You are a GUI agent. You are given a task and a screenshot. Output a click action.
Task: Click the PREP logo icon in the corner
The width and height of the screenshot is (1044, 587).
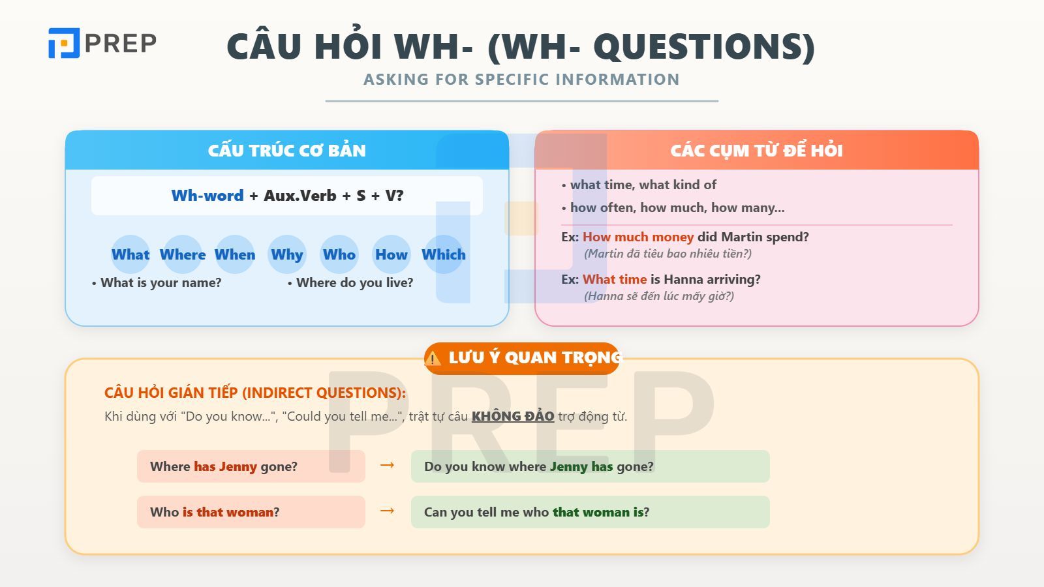pyautogui.click(x=64, y=43)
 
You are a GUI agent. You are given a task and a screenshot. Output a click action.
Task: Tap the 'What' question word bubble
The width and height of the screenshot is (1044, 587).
pyautogui.click(x=130, y=254)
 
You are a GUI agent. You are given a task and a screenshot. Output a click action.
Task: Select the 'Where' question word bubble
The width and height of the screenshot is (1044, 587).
pyautogui.click(x=183, y=254)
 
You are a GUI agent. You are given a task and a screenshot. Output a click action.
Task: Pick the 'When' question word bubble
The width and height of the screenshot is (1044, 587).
pyautogui.click(x=235, y=254)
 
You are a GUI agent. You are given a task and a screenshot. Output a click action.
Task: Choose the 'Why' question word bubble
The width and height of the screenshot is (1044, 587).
pyautogui.click(x=287, y=254)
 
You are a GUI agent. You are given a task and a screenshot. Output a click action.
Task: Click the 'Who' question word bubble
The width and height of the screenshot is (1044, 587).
pyautogui.click(x=339, y=254)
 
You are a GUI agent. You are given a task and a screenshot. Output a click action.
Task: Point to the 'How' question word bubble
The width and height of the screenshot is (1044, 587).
pyautogui.click(x=391, y=254)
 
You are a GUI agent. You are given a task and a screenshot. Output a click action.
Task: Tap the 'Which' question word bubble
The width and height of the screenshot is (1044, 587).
pyautogui.click(x=444, y=254)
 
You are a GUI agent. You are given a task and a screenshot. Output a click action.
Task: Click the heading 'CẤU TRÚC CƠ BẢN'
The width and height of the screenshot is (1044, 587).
pyautogui.click(x=287, y=151)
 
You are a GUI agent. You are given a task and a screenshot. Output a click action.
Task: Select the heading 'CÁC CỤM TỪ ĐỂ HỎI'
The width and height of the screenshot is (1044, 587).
pyautogui.click(x=756, y=151)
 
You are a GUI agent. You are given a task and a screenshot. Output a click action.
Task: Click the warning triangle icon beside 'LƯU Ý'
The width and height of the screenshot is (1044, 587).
pyautogui.click(x=433, y=359)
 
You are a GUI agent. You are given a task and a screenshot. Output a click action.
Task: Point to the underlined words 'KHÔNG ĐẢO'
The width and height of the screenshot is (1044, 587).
pyautogui.click(x=513, y=416)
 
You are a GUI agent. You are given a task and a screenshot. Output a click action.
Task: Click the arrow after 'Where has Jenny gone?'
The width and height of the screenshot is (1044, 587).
pyautogui.click(x=387, y=465)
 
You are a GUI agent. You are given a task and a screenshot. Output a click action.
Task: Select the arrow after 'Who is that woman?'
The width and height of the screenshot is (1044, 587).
pyautogui.click(x=387, y=511)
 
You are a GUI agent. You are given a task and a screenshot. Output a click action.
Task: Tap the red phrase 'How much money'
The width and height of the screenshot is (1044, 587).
pyautogui.click(x=637, y=237)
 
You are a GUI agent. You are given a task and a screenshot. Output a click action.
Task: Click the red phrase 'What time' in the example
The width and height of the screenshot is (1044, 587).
pyautogui.click(x=614, y=279)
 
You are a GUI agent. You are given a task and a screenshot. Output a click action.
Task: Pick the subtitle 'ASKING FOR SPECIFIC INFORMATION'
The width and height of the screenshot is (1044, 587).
pyautogui.click(x=521, y=80)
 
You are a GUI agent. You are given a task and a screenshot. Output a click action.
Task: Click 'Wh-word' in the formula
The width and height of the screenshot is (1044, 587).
pyautogui.click(x=207, y=196)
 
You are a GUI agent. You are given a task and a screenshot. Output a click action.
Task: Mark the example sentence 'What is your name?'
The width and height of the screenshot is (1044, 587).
pyautogui.click(x=161, y=282)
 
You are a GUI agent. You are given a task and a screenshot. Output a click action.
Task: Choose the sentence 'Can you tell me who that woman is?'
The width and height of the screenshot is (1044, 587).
pyautogui.click(x=536, y=512)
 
